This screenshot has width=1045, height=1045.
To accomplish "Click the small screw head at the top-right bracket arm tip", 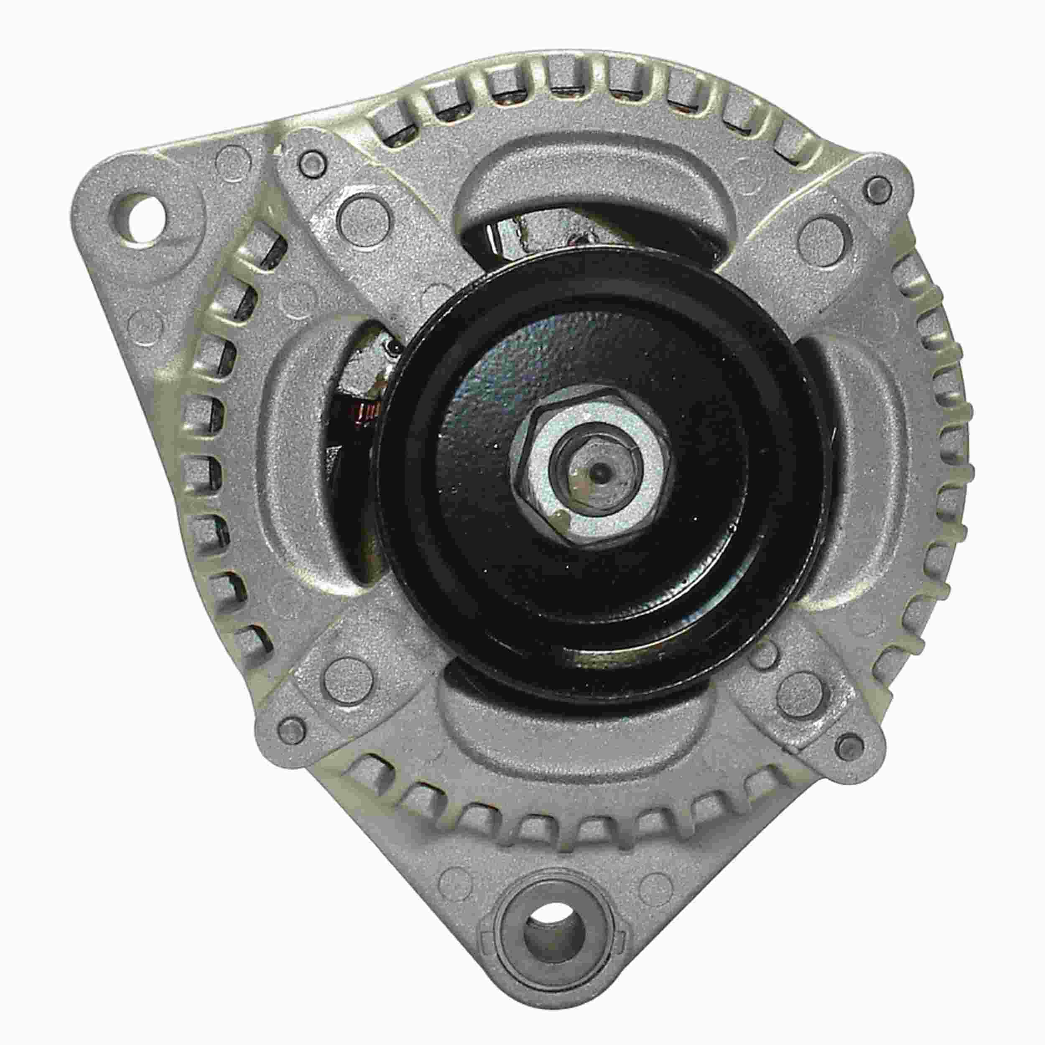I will coord(877,188).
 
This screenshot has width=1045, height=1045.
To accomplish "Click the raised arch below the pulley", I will coord(573,730).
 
